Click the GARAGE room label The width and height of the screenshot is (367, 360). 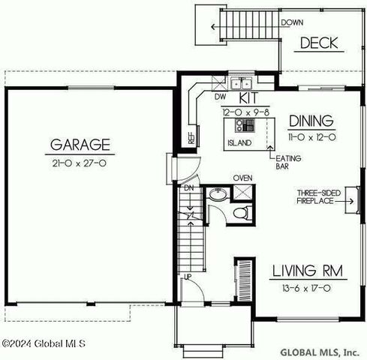click(x=80, y=145)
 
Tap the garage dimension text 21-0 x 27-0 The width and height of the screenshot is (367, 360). click(x=80, y=163)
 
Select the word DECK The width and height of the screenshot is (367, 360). click(x=319, y=43)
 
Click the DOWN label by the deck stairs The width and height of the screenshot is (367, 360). click(x=292, y=22)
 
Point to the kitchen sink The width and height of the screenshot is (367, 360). click(x=241, y=83)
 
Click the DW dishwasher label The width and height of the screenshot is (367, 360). click(x=220, y=97)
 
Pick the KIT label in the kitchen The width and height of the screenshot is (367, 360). click(x=248, y=98)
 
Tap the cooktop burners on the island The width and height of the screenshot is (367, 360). click(x=245, y=125)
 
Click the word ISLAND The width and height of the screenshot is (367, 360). click(x=239, y=142)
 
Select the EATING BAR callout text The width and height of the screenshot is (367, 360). click(x=288, y=162)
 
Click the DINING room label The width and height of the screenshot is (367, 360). click(x=311, y=121)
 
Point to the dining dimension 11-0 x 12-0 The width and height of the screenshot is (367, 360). click(x=312, y=137)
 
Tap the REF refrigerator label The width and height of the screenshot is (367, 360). click(x=191, y=138)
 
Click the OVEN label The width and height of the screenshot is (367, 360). click(x=242, y=178)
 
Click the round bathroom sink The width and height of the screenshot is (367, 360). click(x=218, y=194)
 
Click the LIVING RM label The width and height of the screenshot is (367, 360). click(x=308, y=271)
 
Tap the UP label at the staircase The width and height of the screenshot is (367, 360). click(x=188, y=277)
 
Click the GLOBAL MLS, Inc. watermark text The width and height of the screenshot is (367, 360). click(x=320, y=352)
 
